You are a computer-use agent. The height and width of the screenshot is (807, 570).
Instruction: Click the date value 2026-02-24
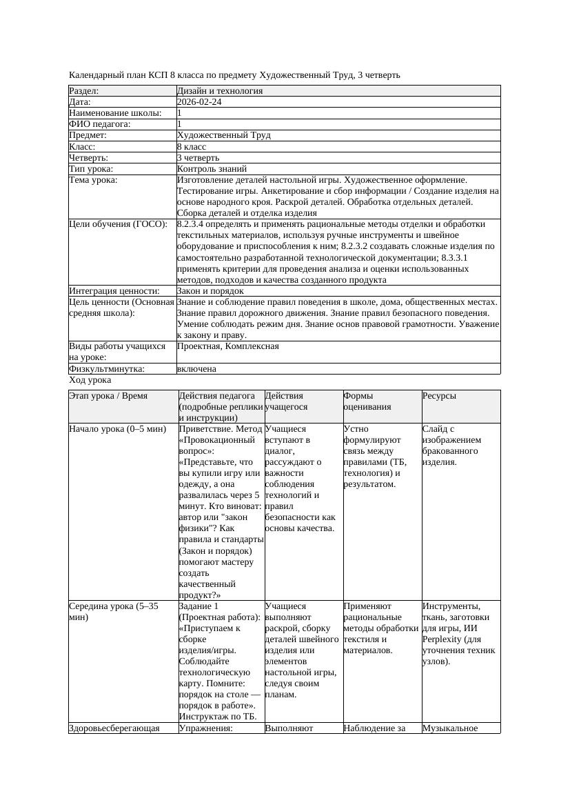[x=199, y=102]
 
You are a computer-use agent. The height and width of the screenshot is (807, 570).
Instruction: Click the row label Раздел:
[x=84, y=91]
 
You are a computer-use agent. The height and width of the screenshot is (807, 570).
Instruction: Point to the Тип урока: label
[x=91, y=169]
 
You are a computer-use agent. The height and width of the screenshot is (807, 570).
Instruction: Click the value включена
[x=196, y=369]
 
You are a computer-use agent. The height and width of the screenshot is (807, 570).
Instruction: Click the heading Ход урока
[x=90, y=380]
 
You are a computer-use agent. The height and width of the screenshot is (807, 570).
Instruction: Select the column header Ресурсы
[x=439, y=396]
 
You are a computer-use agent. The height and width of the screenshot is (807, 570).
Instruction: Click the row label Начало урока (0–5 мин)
[x=117, y=429]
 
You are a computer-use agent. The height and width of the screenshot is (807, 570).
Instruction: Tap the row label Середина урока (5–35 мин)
[x=114, y=612]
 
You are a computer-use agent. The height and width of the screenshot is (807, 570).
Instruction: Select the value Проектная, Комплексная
[x=227, y=346]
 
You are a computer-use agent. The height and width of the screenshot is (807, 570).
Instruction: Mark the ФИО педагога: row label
[x=100, y=124]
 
